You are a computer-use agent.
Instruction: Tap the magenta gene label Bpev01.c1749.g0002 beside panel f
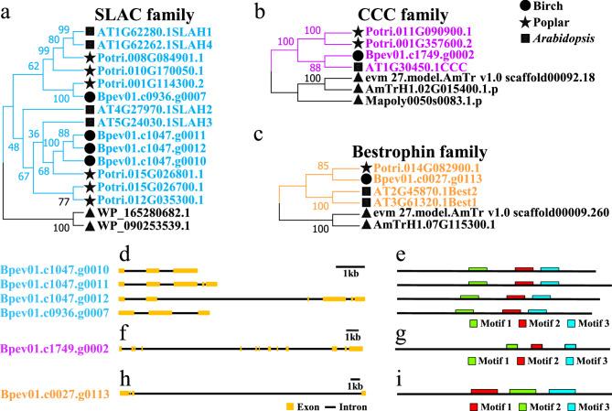point(54,349)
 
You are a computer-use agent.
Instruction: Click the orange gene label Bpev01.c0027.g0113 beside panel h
point(54,394)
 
